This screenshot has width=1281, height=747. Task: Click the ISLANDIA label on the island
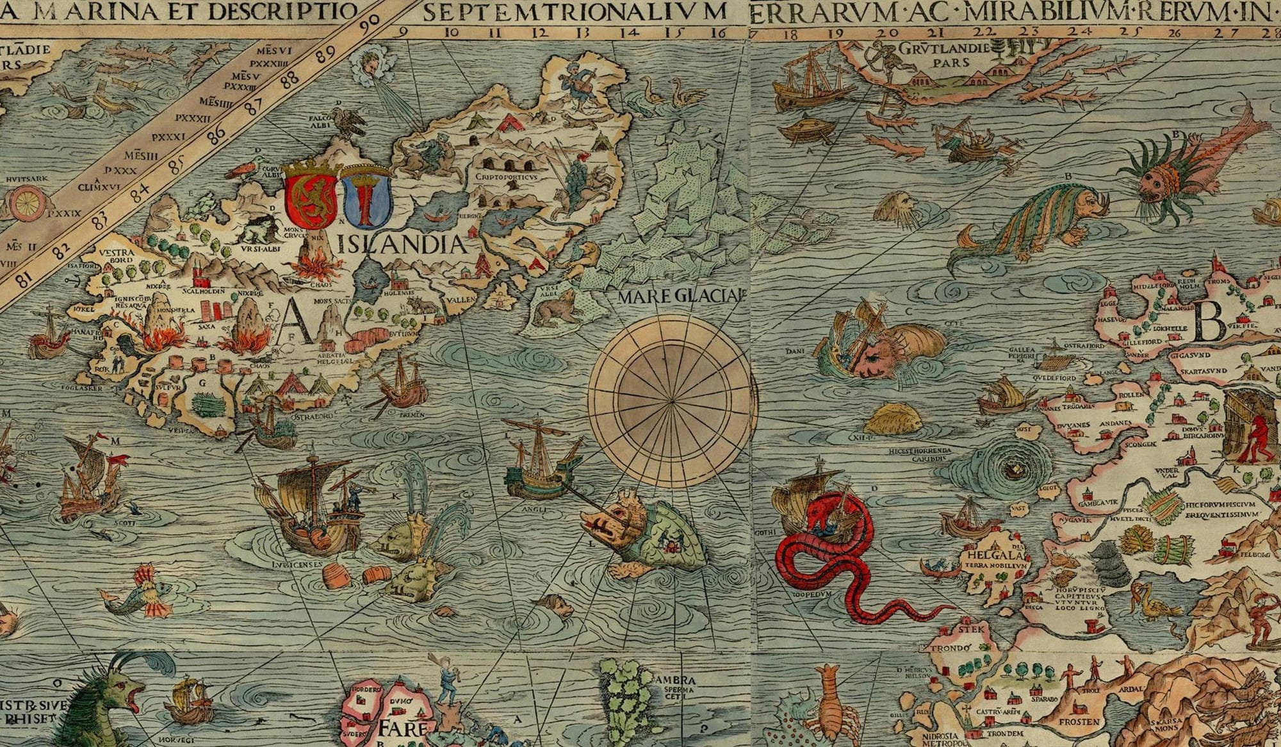pyautogui.click(x=405, y=245)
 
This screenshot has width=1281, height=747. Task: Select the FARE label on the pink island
pyautogui.click(x=402, y=729)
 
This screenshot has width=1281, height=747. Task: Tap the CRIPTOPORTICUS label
pyautogui.click(x=506, y=176)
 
